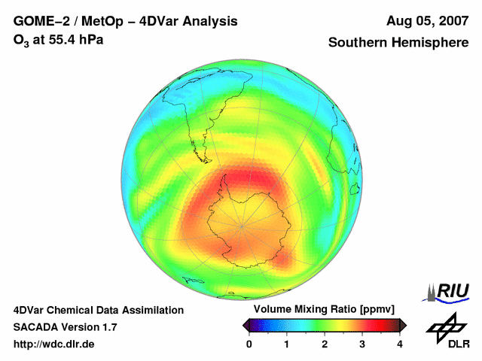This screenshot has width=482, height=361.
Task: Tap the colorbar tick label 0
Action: (x=249, y=344)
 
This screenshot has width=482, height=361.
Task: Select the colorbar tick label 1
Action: (x=287, y=344)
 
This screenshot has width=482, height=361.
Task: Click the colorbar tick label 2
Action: (x=325, y=344)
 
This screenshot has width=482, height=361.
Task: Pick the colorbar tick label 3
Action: (x=362, y=344)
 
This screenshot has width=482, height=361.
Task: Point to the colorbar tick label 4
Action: (x=400, y=344)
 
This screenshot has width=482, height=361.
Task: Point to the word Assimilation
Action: (x=148, y=310)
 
